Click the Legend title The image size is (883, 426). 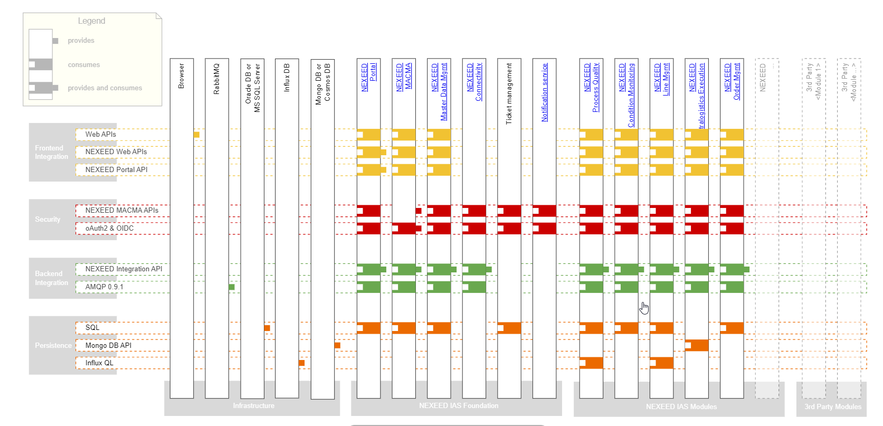pyautogui.click(x=91, y=21)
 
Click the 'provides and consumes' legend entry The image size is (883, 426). pyautogui.click(x=105, y=88)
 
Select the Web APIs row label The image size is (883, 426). pyautogui.click(x=101, y=135)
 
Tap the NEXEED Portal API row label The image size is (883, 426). pyautogui.click(x=116, y=169)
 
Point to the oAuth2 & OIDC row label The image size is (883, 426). pyautogui.click(x=109, y=228)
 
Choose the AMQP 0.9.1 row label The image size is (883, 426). pyautogui.click(x=104, y=287)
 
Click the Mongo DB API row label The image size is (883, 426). pyautogui.click(x=108, y=345)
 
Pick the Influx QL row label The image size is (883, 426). pyautogui.click(x=99, y=363)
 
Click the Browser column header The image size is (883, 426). pyautogui.click(x=182, y=76)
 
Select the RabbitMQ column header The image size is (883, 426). pyautogui.click(x=216, y=79)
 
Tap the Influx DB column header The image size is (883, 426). pyautogui.click(x=287, y=78)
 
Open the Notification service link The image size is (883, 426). pyautogui.click(x=545, y=92)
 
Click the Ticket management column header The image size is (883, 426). pyautogui.click(x=509, y=93)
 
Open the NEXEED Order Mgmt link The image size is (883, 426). pyautogui.click(x=732, y=81)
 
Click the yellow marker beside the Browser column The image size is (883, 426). pyautogui.click(x=196, y=135)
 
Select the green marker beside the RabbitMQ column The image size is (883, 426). pyautogui.click(x=232, y=287)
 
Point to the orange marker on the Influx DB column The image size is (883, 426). pyautogui.click(x=301, y=363)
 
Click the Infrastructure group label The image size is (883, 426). pyautogui.click(x=253, y=405)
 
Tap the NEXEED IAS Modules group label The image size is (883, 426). pyautogui.click(x=681, y=406)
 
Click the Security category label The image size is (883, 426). pyautogui.click(x=48, y=219)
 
